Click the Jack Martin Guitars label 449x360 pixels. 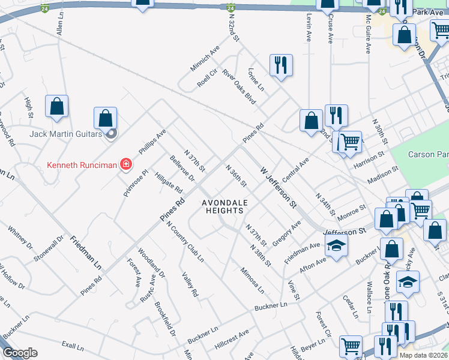[x=66, y=133]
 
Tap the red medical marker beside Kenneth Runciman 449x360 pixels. [x=126, y=164]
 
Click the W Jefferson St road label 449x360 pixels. [x=279, y=188]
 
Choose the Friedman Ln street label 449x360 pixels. [x=85, y=251]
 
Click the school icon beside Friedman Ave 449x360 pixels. [x=337, y=245]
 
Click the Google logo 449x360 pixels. [x=20, y=353]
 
